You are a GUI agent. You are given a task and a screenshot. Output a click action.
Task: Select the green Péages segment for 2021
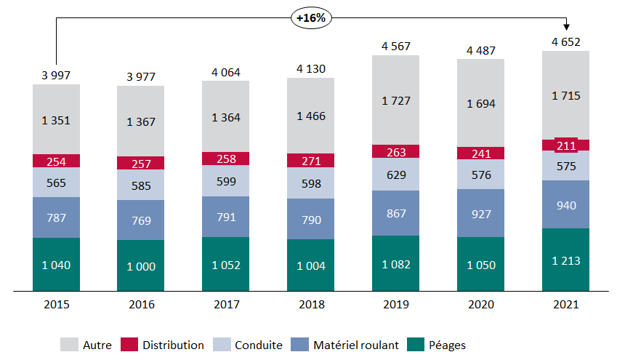click(565, 260)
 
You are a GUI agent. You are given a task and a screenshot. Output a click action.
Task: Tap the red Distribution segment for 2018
click(310, 160)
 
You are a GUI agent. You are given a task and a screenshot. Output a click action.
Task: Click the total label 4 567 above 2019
click(396, 47)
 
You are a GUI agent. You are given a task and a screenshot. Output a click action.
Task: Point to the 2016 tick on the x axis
click(141, 305)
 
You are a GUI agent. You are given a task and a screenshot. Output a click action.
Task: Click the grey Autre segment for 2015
click(56, 119)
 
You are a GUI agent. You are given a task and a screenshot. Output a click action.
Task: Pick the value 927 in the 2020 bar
click(480, 214)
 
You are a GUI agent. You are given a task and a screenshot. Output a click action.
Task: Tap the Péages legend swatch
click(417, 345)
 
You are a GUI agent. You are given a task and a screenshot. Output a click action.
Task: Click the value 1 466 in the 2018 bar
click(310, 116)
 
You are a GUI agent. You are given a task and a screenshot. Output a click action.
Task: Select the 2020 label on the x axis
click(480, 305)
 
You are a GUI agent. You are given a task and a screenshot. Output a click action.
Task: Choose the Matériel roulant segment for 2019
click(395, 213)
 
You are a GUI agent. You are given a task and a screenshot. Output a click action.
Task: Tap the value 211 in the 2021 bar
click(565, 145)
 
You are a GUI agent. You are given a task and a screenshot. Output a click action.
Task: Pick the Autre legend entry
click(86, 345)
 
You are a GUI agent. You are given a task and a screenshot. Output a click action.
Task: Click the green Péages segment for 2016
click(141, 266)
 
